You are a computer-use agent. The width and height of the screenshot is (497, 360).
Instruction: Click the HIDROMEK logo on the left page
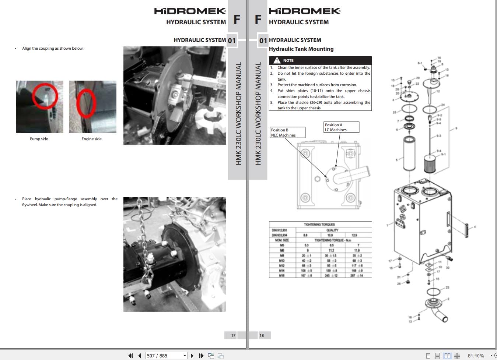[190, 11]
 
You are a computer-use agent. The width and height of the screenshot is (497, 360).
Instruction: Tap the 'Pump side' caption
[39, 139]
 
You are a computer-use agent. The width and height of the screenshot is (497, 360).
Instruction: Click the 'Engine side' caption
[91, 139]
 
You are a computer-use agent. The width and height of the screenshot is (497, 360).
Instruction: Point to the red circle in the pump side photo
[44, 96]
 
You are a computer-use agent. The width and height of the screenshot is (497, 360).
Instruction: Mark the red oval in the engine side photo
[86, 103]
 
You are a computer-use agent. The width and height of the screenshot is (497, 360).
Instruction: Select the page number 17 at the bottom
[233, 335]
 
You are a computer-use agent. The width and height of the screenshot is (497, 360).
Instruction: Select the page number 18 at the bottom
[262, 335]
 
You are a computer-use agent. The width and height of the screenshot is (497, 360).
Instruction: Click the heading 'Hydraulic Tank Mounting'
[301, 49]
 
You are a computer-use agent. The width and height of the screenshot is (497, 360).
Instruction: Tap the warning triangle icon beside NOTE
[277, 60]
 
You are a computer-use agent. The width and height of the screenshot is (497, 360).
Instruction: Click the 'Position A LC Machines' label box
[341, 127]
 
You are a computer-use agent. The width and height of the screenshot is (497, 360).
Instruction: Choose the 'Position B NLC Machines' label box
[287, 133]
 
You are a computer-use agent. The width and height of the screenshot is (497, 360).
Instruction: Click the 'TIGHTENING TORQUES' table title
[319, 224]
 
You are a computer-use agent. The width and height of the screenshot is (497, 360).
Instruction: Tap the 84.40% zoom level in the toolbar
[476, 356]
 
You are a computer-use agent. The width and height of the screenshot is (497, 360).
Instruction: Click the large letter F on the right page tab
[258, 19]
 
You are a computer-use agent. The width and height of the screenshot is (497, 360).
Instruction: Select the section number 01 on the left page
[231, 40]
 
